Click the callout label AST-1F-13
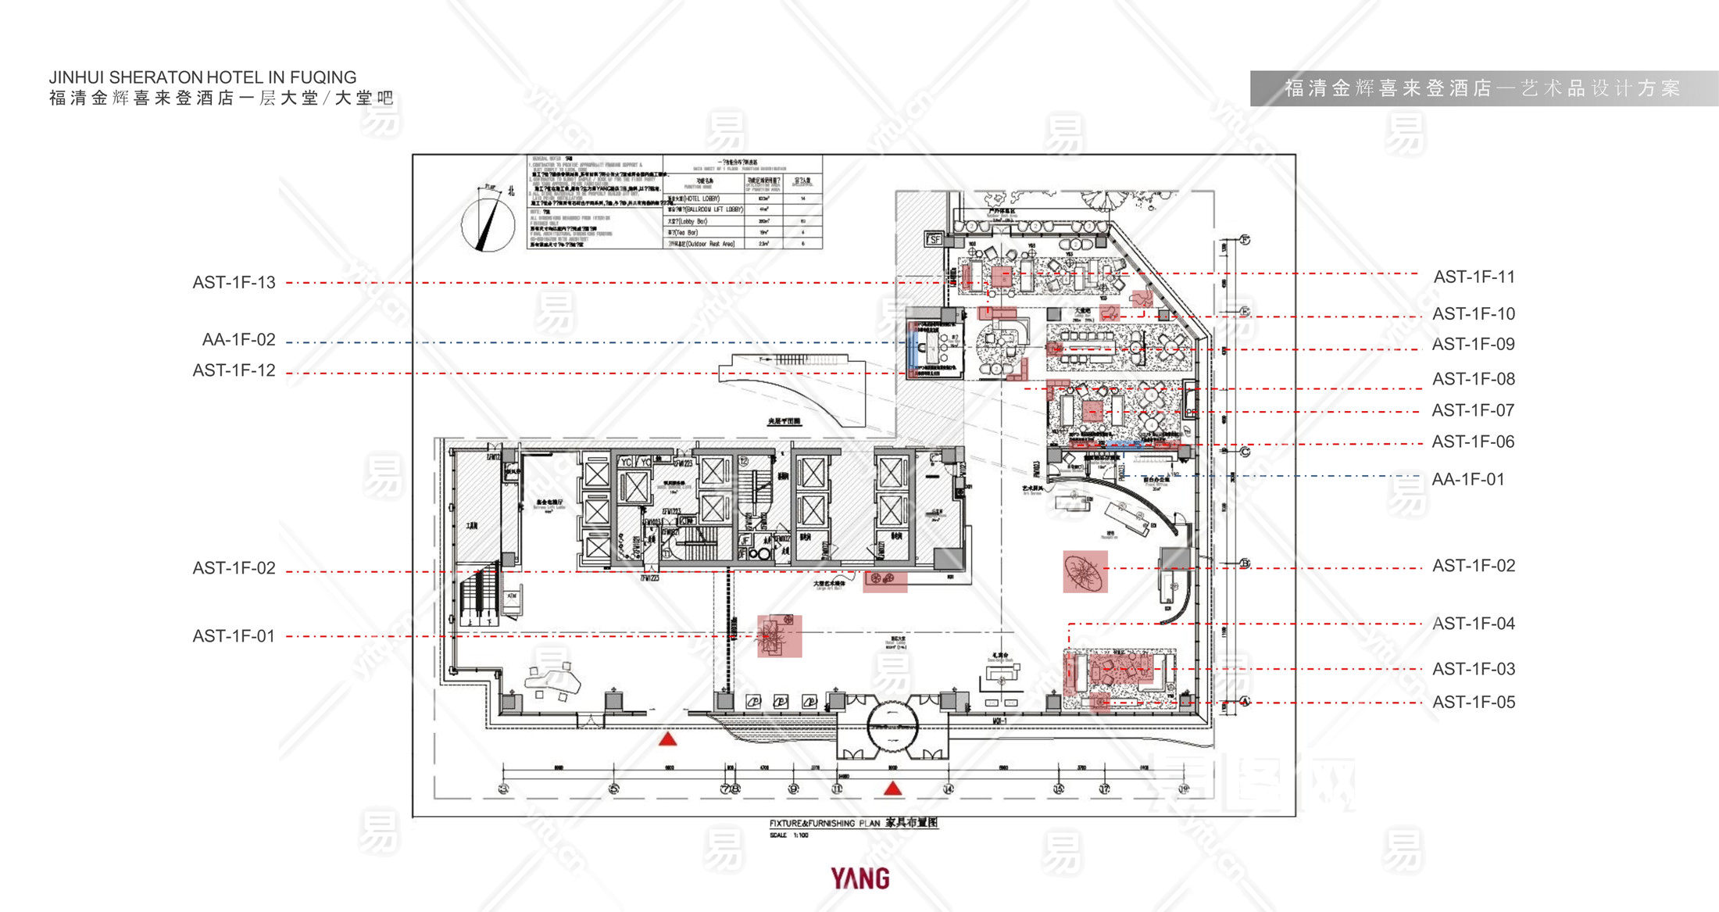pyautogui.click(x=234, y=282)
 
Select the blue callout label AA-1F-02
pyautogui.click(x=238, y=340)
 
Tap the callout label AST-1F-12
pyautogui.click(x=234, y=370)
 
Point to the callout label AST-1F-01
pyautogui.click(x=234, y=636)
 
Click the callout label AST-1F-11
pyautogui.click(x=1474, y=277)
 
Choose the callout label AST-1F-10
pyautogui.click(x=1474, y=313)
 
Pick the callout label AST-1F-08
pyautogui.click(x=1474, y=379)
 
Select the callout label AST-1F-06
pyautogui.click(x=1473, y=442)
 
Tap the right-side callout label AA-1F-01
pyautogui.click(x=1468, y=479)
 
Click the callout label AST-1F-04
pyautogui.click(x=1474, y=624)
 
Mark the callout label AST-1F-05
pyautogui.click(x=1474, y=702)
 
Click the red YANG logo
pyautogui.click(x=859, y=878)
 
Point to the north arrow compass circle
pyautogui.click(x=488, y=224)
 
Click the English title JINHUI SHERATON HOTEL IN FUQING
pyautogui.click(x=202, y=77)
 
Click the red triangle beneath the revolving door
pyautogui.click(x=892, y=789)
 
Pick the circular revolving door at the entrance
pyautogui.click(x=892, y=727)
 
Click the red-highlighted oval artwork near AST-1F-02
pyautogui.click(x=1085, y=571)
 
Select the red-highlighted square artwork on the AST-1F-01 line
pyautogui.click(x=779, y=635)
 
